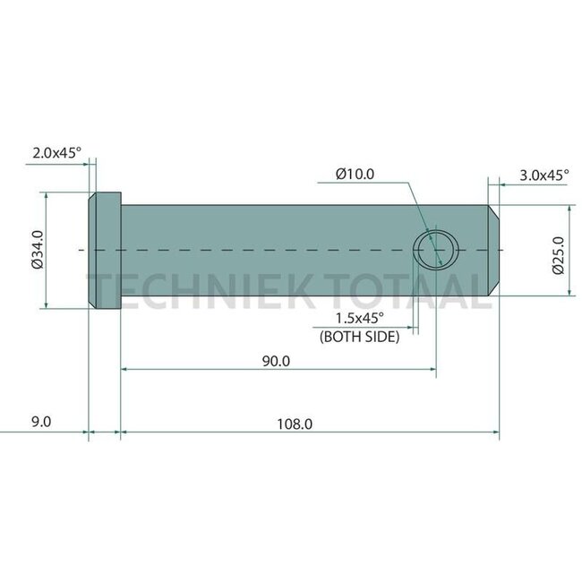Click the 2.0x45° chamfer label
56,153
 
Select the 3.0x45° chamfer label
543,176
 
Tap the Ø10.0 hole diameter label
355,175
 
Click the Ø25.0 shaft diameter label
558,254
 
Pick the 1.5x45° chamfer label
358,319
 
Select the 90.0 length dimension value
276,361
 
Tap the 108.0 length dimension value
295,424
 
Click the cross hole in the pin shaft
437,248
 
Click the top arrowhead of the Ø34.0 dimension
44,196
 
